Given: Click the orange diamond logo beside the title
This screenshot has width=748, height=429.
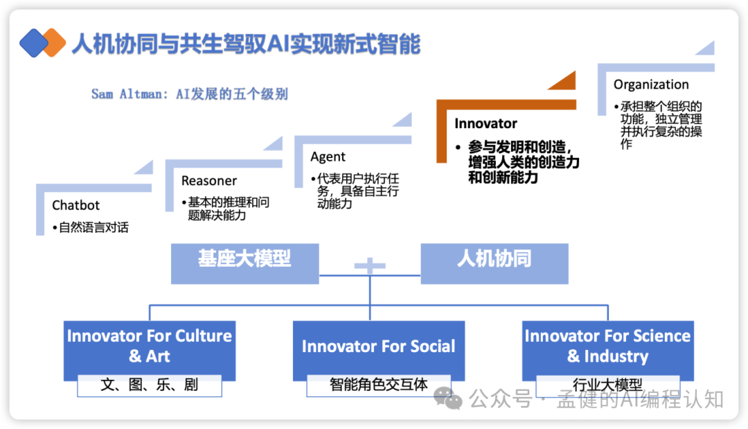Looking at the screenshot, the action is (53, 43).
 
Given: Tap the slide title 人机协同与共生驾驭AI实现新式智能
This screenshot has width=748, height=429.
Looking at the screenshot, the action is (246, 44).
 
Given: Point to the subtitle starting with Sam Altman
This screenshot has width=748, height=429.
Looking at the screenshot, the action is (189, 94).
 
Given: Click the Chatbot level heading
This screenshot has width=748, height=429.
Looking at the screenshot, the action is (75, 205).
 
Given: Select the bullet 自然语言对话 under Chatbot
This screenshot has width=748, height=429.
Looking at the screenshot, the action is (93, 227).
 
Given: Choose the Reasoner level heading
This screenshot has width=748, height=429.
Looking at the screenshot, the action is (209, 181).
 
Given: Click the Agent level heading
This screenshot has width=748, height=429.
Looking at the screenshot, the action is (328, 157).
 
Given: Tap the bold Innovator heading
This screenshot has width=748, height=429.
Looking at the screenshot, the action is (486, 123).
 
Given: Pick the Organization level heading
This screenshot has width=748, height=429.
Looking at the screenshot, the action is (651, 85).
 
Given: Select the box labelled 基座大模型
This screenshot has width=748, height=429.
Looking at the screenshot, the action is (244, 263).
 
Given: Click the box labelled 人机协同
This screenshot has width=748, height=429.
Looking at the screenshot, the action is (495, 263).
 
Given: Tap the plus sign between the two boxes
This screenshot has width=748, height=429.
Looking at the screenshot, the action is (369, 265).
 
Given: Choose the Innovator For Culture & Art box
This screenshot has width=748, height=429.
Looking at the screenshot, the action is (150, 346).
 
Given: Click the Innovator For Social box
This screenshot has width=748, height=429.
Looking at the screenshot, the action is (378, 347).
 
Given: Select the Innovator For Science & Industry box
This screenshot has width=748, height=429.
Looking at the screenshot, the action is (607, 346).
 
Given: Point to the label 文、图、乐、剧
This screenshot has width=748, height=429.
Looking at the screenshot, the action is (150, 385).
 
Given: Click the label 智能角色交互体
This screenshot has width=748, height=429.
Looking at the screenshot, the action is (378, 385).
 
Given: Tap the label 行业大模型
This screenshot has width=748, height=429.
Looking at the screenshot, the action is (607, 385).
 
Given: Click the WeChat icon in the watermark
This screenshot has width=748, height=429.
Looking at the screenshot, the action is (447, 398).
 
